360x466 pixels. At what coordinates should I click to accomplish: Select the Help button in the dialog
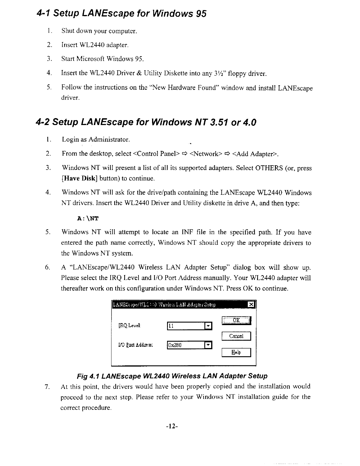(x=236, y=352)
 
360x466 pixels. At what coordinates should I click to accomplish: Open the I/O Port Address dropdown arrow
(x=208, y=345)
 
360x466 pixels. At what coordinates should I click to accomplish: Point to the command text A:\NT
(x=87, y=219)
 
